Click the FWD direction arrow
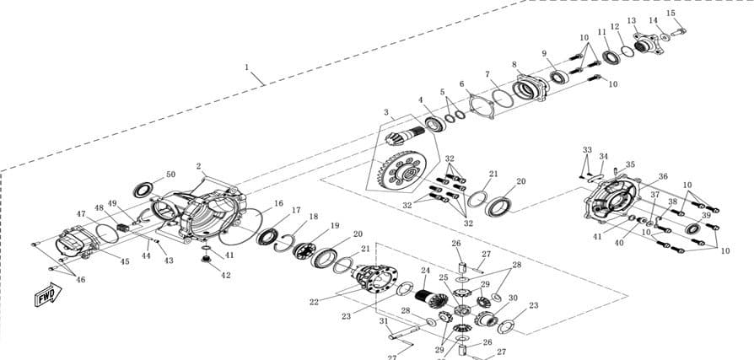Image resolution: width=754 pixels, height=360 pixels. point(48,294)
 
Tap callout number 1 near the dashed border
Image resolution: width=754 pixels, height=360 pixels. point(246,67)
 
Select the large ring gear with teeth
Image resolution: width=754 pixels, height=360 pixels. point(403,170)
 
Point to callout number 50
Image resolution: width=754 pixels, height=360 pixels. point(170,175)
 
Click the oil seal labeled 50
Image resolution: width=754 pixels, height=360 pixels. point(143,190)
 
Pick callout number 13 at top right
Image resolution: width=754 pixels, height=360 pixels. point(632,21)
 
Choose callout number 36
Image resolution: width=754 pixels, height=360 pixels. point(663,176)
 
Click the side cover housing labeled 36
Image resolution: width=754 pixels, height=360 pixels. point(611,200)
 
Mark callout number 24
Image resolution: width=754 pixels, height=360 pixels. point(425,271)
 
